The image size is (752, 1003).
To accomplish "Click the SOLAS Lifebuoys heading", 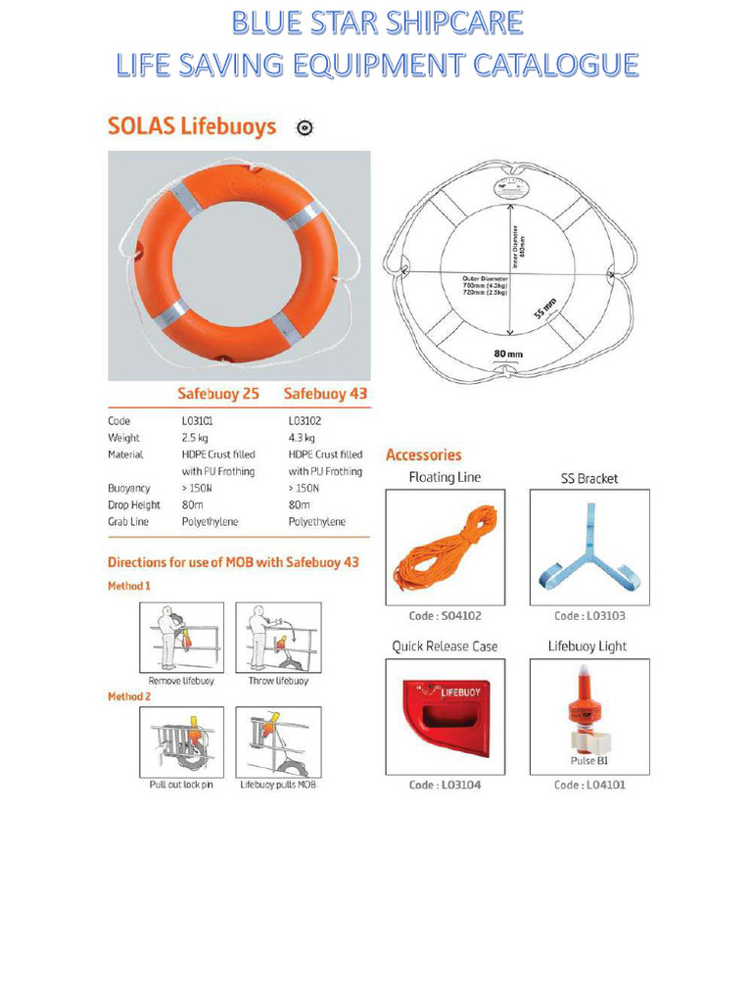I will (x=192, y=127).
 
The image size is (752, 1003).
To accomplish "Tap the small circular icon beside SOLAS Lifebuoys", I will (x=305, y=128).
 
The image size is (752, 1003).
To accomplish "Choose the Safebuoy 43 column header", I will (x=325, y=394).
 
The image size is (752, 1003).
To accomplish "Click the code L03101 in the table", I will (x=198, y=421).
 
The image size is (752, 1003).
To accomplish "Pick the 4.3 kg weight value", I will (x=302, y=438).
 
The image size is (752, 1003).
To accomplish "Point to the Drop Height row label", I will (x=134, y=504).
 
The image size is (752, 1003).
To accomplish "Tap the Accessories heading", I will (x=423, y=454).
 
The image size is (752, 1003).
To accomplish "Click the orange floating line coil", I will (x=446, y=548).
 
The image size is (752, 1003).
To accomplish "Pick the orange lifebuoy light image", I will (x=587, y=710).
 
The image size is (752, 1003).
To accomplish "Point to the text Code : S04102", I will (x=445, y=616).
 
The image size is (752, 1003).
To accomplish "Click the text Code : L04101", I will (x=588, y=785).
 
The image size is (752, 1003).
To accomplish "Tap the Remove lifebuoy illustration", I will (x=181, y=638).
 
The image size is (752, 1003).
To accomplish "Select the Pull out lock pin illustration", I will (x=181, y=741).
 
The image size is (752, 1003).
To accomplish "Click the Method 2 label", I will (x=129, y=695).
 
